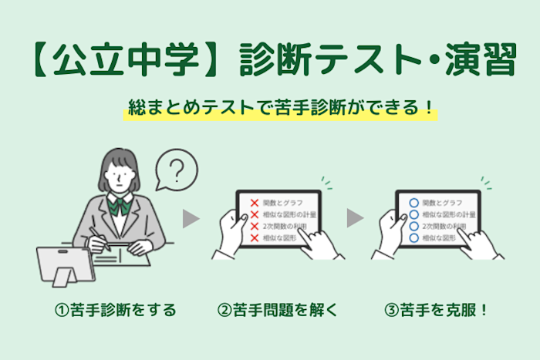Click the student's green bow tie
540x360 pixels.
119,206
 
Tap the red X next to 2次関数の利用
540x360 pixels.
253,226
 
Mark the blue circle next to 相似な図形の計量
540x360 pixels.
413,214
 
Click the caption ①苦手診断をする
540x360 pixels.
116,311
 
